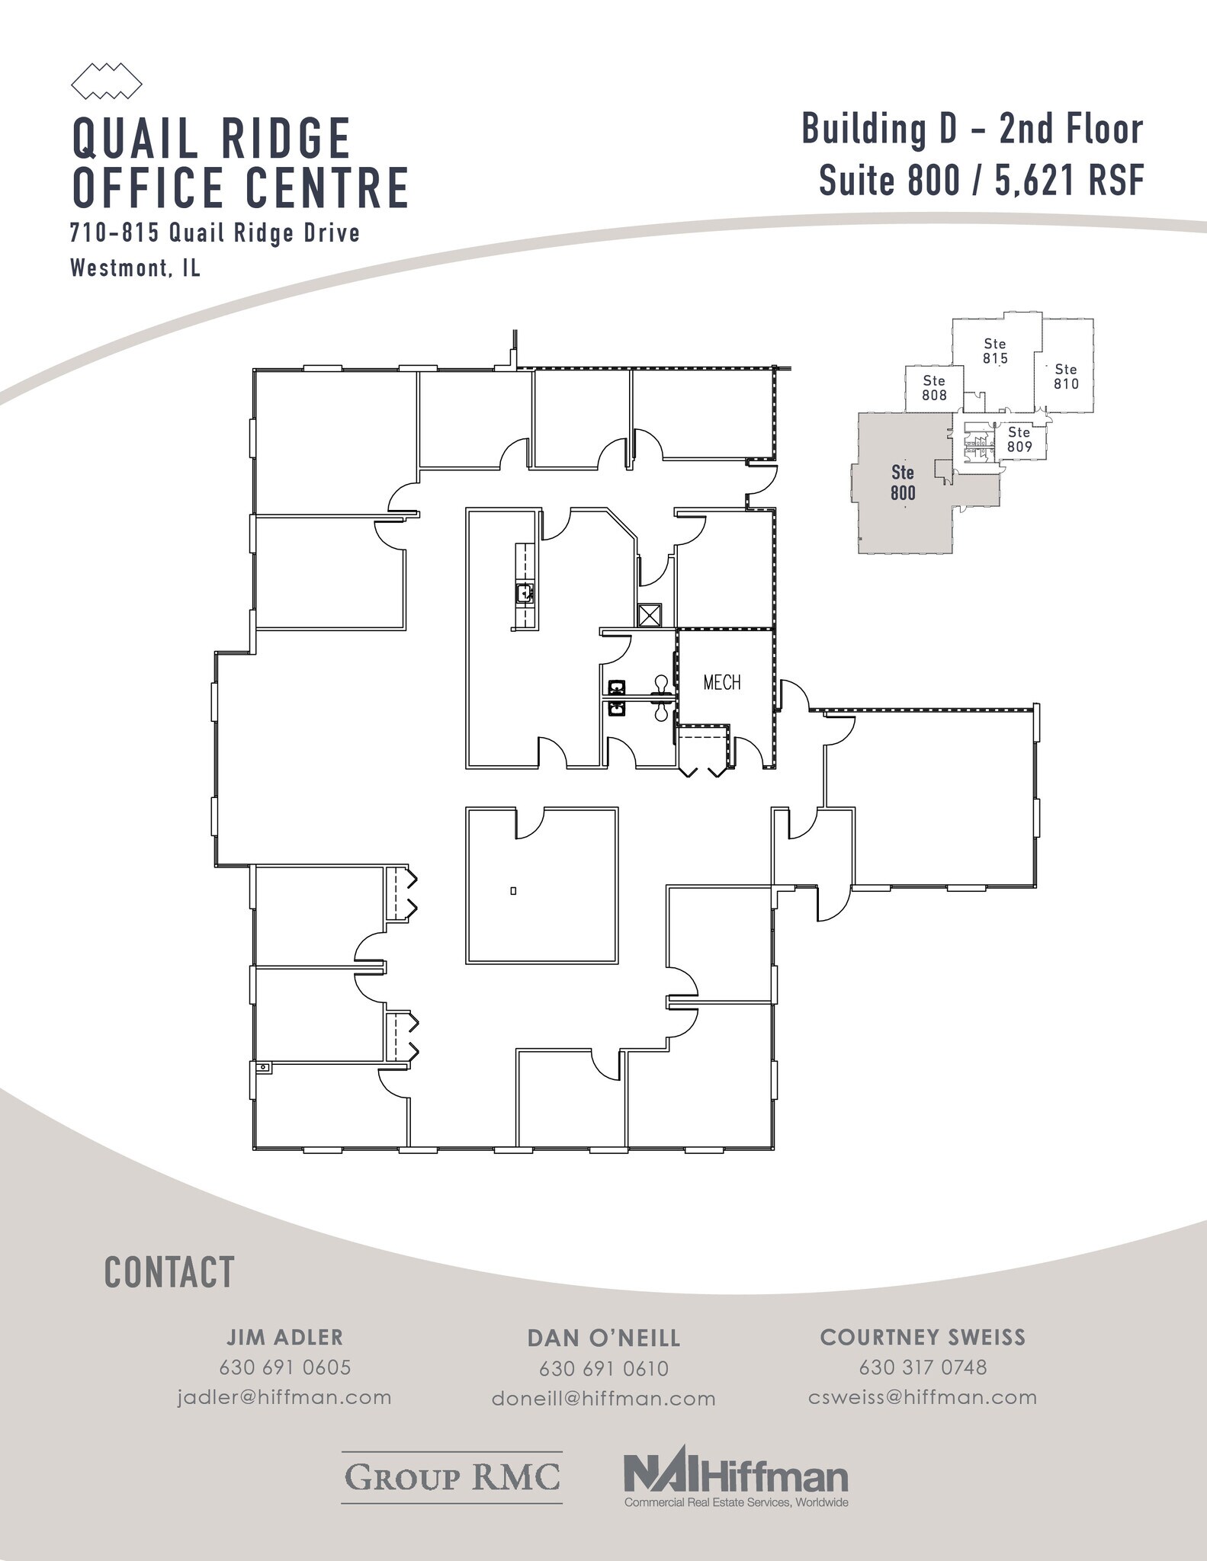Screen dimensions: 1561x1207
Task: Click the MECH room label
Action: pos(721,682)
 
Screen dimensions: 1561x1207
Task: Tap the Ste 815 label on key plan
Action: pos(995,351)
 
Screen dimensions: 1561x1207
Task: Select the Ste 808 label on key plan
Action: pos(934,387)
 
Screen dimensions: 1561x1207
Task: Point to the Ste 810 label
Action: pos(1065,377)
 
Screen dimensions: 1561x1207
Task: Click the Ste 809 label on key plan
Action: pos(1019,439)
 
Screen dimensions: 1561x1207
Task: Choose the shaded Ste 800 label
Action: pos(903,482)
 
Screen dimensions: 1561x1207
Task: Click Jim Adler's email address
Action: pos(284,1397)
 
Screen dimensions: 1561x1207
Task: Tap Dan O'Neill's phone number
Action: pos(603,1368)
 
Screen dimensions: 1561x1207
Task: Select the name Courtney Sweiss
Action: pos(923,1337)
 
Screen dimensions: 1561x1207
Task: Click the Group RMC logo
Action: pos(451,1476)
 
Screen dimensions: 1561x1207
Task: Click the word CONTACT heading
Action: pos(169,1272)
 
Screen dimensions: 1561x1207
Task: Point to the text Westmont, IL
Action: pos(135,268)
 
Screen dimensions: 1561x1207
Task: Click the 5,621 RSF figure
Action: pos(1069,181)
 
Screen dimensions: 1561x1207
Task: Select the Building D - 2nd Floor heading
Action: pos(972,129)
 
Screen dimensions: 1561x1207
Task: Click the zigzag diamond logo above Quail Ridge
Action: pos(106,81)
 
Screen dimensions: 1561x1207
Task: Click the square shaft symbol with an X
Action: pos(650,614)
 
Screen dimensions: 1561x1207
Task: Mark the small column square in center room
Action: pos(513,890)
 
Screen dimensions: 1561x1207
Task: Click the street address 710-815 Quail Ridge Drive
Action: pos(214,232)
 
